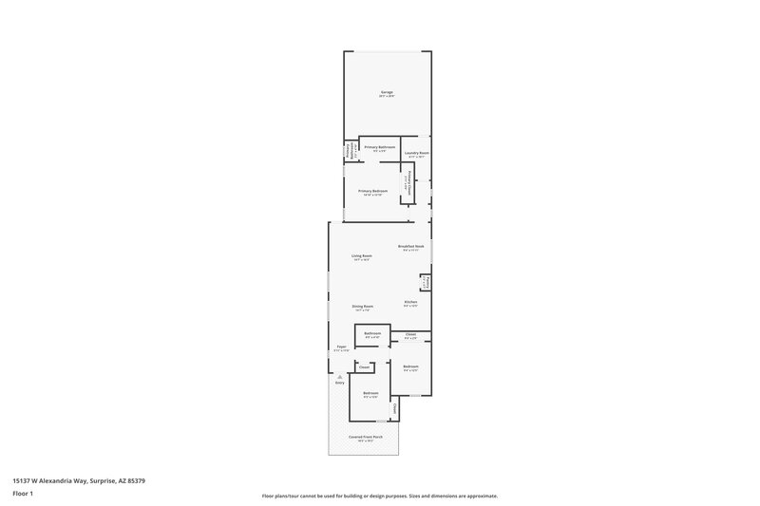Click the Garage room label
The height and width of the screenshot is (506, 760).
pyautogui.click(x=386, y=92)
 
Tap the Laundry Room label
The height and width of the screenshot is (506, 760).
pyautogui.click(x=417, y=153)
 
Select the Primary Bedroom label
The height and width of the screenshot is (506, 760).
pyautogui.click(x=372, y=191)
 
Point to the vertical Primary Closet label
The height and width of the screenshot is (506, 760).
pyautogui.click(x=408, y=182)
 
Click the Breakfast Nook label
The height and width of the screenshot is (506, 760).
pyautogui.click(x=411, y=246)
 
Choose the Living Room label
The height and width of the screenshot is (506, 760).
pyautogui.click(x=361, y=255)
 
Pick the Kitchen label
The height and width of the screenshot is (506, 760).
pyautogui.click(x=410, y=302)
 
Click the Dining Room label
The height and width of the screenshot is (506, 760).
pyautogui.click(x=362, y=306)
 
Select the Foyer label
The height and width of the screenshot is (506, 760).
pyautogui.click(x=341, y=347)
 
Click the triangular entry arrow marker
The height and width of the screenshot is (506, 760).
pyautogui.click(x=338, y=376)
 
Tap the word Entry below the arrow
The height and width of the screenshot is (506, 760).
pyautogui.click(x=339, y=383)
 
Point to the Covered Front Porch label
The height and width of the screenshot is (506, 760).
pyautogui.click(x=365, y=437)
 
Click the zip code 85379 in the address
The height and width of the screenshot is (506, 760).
pyautogui.click(x=137, y=480)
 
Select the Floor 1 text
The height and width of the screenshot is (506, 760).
pyautogui.click(x=23, y=494)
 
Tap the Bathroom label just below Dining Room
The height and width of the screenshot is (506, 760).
pyautogui.click(x=372, y=333)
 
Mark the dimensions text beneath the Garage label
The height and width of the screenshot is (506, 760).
pyautogui.click(x=386, y=97)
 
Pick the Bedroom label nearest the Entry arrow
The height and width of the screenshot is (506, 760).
pyautogui.click(x=370, y=393)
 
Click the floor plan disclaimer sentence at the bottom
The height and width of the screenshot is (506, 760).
pyautogui.click(x=380, y=496)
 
